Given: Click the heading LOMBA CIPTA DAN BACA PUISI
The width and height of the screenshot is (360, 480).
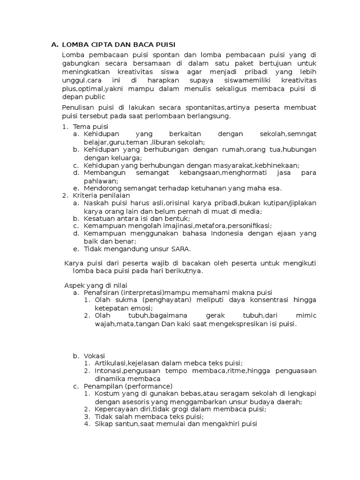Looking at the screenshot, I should coord(119,45).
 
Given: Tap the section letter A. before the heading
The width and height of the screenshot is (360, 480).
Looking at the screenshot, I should coord(54,45).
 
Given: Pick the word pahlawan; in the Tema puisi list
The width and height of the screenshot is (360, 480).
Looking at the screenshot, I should coord(101,181).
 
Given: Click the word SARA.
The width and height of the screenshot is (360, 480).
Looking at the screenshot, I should coord(181,248).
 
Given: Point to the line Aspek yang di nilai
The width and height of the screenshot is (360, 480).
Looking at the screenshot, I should coord(96,285).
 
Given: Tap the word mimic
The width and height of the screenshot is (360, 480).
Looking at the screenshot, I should coord(307,315).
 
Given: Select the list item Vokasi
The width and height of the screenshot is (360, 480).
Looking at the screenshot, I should coord(94,356).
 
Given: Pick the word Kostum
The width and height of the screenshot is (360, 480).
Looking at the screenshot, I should coord(105,393).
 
